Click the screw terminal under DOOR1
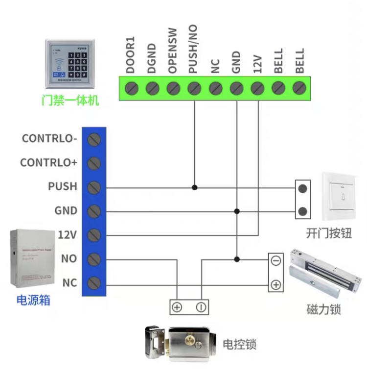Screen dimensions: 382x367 click(131, 88)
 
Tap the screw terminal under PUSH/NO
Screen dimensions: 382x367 click(194, 88)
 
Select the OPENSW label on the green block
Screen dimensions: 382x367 click(172, 57)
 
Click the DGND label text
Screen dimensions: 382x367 click(151, 59)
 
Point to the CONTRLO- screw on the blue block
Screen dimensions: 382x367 click(94, 139)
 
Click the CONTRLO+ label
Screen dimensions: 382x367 click(48, 163)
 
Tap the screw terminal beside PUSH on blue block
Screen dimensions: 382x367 click(94, 187)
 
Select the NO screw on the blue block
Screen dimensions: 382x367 click(94, 259)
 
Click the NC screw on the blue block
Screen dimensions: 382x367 click(94, 283)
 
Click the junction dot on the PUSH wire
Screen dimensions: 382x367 click(195, 187)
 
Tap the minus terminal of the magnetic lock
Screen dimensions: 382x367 click(276, 260)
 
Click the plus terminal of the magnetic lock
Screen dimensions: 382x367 click(276, 284)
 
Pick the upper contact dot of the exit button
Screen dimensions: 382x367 click(303, 187)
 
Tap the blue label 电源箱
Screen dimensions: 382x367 click(33, 299)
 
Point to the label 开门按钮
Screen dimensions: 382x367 click(329, 233)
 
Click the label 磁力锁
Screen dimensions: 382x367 click(323, 309)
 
